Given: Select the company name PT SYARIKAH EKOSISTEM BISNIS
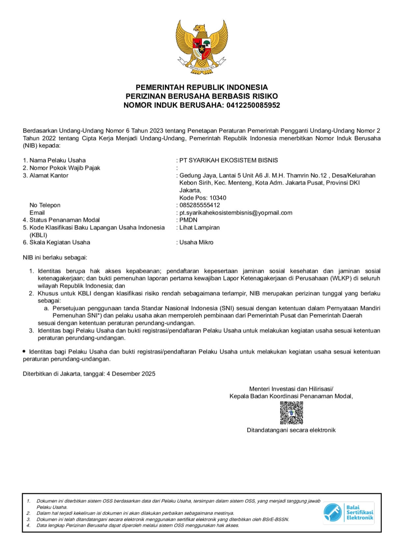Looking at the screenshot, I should click(228, 160).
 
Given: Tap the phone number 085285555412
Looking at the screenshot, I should click(200, 205).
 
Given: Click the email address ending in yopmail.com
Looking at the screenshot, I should click(236, 213).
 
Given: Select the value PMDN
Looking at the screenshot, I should click(188, 220).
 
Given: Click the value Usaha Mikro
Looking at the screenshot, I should click(196, 242).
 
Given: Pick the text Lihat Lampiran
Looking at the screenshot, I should click(199, 227).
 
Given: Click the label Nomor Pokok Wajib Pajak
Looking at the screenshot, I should click(65, 168).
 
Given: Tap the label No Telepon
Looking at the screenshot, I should click(45, 205).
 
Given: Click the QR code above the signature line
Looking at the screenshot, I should click(291, 413).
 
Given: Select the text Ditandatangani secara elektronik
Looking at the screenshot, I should click(291, 430).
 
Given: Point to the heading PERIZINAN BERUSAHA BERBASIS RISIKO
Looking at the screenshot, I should click(201, 96).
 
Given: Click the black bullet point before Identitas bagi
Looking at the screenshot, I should click(24, 351).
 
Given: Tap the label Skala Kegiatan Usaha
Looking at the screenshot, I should click(60, 242).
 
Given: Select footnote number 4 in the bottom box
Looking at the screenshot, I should click(29, 525).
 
